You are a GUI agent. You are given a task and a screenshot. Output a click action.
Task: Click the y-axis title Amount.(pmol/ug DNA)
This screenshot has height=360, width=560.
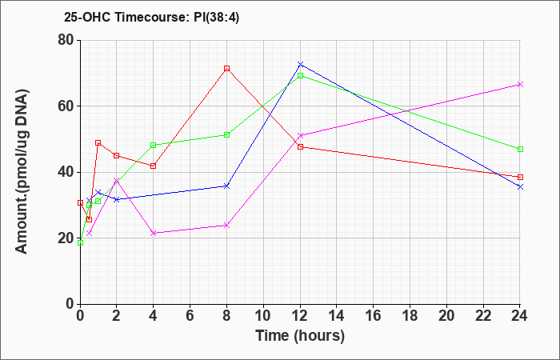(x=22, y=171)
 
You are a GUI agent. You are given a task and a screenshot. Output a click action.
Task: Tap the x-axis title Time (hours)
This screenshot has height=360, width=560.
(x=300, y=336)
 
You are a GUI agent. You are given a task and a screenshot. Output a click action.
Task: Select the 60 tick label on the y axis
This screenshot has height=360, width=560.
(x=66, y=106)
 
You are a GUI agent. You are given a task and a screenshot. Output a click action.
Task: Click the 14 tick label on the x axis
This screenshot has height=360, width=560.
(x=337, y=316)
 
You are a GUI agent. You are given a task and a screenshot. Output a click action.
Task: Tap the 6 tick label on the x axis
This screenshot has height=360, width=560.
(x=190, y=316)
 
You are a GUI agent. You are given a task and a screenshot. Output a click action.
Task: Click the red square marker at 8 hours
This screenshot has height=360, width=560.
(x=226, y=68)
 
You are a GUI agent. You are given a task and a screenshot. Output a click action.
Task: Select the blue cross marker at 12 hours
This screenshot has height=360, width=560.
(x=300, y=64)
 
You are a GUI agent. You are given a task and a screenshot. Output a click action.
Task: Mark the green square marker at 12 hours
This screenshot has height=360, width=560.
(x=300, y=76)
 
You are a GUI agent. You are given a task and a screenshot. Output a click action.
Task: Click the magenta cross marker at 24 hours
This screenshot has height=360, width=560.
(x=520, y=84)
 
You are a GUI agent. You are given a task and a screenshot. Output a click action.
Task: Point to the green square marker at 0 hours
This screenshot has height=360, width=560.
(x=80, y=243)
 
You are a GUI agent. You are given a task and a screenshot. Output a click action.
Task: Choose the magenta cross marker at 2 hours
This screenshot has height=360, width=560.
(x=117, y=180)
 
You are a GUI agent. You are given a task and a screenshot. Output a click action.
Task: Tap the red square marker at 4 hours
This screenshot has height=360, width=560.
(x=154, y=166)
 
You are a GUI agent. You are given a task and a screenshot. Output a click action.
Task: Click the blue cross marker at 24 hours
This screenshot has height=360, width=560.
(x=520, y=186)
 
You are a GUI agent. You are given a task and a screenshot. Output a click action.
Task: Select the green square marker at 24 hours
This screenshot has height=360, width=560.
(x=520, y=150)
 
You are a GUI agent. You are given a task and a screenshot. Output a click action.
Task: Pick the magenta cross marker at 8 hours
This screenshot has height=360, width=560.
(x=226, y=226)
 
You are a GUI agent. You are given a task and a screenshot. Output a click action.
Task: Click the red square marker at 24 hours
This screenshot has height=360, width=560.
(x=520, y=177)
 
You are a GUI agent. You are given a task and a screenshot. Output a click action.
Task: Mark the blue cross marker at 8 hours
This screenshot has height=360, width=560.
(x=226, y=186)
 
